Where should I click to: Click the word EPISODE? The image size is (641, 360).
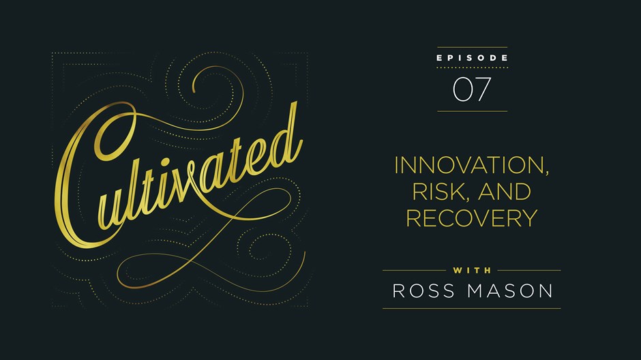[x=472, y=58]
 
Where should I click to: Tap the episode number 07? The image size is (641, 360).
[x=472, y=89]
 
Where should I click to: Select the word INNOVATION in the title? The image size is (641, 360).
[x=468, y=165]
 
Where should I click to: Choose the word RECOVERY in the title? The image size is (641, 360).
[x=471, y=218]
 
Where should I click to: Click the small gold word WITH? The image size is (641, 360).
[x=472, y=270]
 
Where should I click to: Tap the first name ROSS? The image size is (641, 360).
[x=423, y=291]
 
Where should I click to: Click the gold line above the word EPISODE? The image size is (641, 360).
[x=472, y=48]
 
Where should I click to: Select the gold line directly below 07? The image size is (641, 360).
[x=472, y=111]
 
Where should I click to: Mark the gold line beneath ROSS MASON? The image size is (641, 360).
[x=471, y=308]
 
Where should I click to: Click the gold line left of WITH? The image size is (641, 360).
[x=414, y=271]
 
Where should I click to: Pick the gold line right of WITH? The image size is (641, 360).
[x=529, y=271]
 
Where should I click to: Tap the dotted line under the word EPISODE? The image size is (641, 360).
[x=472, y=67]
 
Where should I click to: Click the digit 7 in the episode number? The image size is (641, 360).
[x=482, y=89]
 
